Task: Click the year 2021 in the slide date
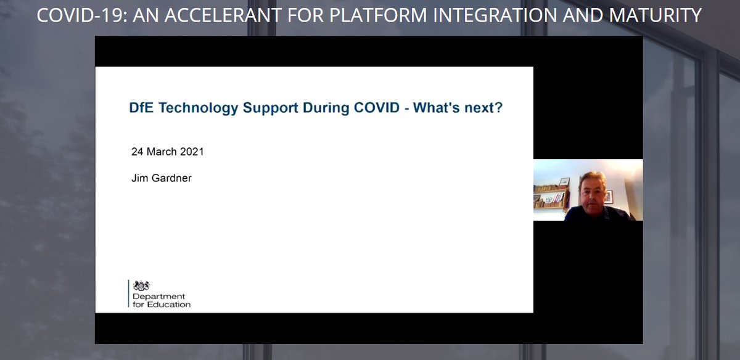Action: tap(192, 152)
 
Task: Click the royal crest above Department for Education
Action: tap(142, 285)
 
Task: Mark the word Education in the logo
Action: tap(170, 305)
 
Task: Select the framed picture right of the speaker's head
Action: tap(609, 196)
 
